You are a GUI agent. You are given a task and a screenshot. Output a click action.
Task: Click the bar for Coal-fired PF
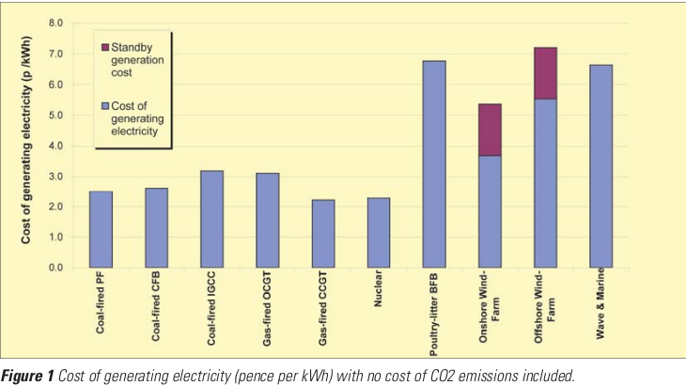tap(101, 229)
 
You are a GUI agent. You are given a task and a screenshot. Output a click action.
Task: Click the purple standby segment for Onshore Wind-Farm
tap(489, 130)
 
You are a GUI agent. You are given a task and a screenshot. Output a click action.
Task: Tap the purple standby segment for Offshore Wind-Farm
tap(545, 73)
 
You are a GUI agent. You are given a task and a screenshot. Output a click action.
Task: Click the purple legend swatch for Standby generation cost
tap(104, 46)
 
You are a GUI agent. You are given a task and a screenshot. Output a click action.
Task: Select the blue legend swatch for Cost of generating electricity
tap(104, 104)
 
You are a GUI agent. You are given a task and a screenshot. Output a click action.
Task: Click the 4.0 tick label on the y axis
tap(55, 146)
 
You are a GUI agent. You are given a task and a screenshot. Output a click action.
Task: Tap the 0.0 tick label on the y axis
tap(55, 269)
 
